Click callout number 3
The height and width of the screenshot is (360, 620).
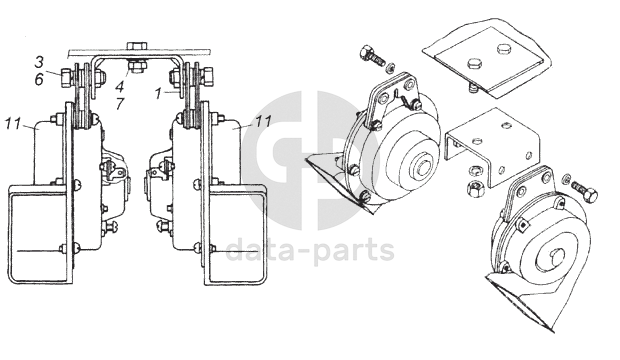point(39,62)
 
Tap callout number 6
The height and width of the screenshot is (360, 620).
point(39,80)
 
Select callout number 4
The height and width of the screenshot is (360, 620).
point(120,85)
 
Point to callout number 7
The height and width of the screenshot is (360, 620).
point(120,104)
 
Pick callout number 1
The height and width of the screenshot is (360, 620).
point(158,94)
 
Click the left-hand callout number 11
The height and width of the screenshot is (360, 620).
point(13,124)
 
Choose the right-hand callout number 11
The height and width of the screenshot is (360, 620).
point(263,121)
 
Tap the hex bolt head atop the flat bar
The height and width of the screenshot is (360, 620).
point(136,45)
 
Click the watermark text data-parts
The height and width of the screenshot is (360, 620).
point(310,249)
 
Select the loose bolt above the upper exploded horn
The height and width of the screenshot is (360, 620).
point(371,56)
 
